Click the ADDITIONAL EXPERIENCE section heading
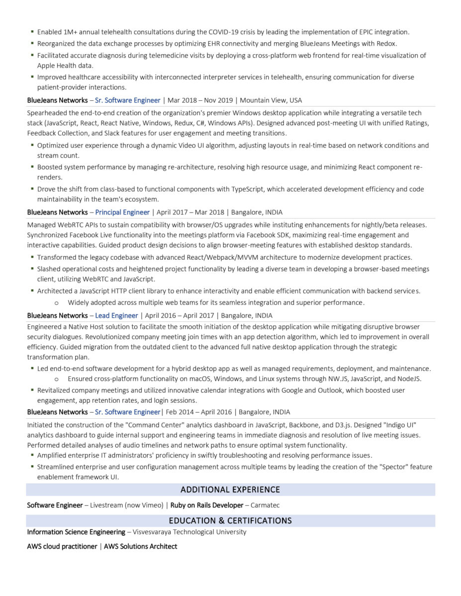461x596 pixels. (230, 490)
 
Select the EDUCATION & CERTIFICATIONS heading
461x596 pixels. (230, 521)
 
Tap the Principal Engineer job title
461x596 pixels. (122, 212)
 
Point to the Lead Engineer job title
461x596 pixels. (116, 315)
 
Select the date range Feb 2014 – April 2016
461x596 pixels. (200, 412)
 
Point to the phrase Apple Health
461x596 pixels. (52, 66)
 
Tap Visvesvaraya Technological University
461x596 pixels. (189, 532)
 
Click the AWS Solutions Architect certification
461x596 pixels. (140, 546)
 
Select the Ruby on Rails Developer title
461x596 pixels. (207, 505)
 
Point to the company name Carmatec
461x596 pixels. (265, 505)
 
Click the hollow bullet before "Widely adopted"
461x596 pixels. (56, 302)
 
